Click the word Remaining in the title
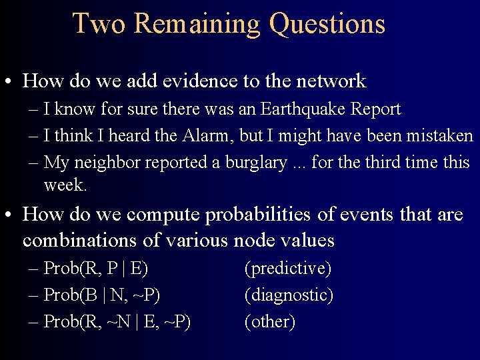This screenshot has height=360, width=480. [x=197, y=23]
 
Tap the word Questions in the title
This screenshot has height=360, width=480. [x=327, y=23]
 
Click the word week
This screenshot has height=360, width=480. [x=65, y=185]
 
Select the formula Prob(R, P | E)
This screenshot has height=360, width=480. [x=95, y=269]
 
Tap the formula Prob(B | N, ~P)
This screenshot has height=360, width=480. [x=102, y=295]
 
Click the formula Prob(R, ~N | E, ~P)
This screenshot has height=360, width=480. [x=117, y=321]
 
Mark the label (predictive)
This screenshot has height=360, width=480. [x=288, y=269]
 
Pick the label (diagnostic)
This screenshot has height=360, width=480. [x=289, y=295]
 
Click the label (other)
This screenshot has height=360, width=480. [x=270, y=321]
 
